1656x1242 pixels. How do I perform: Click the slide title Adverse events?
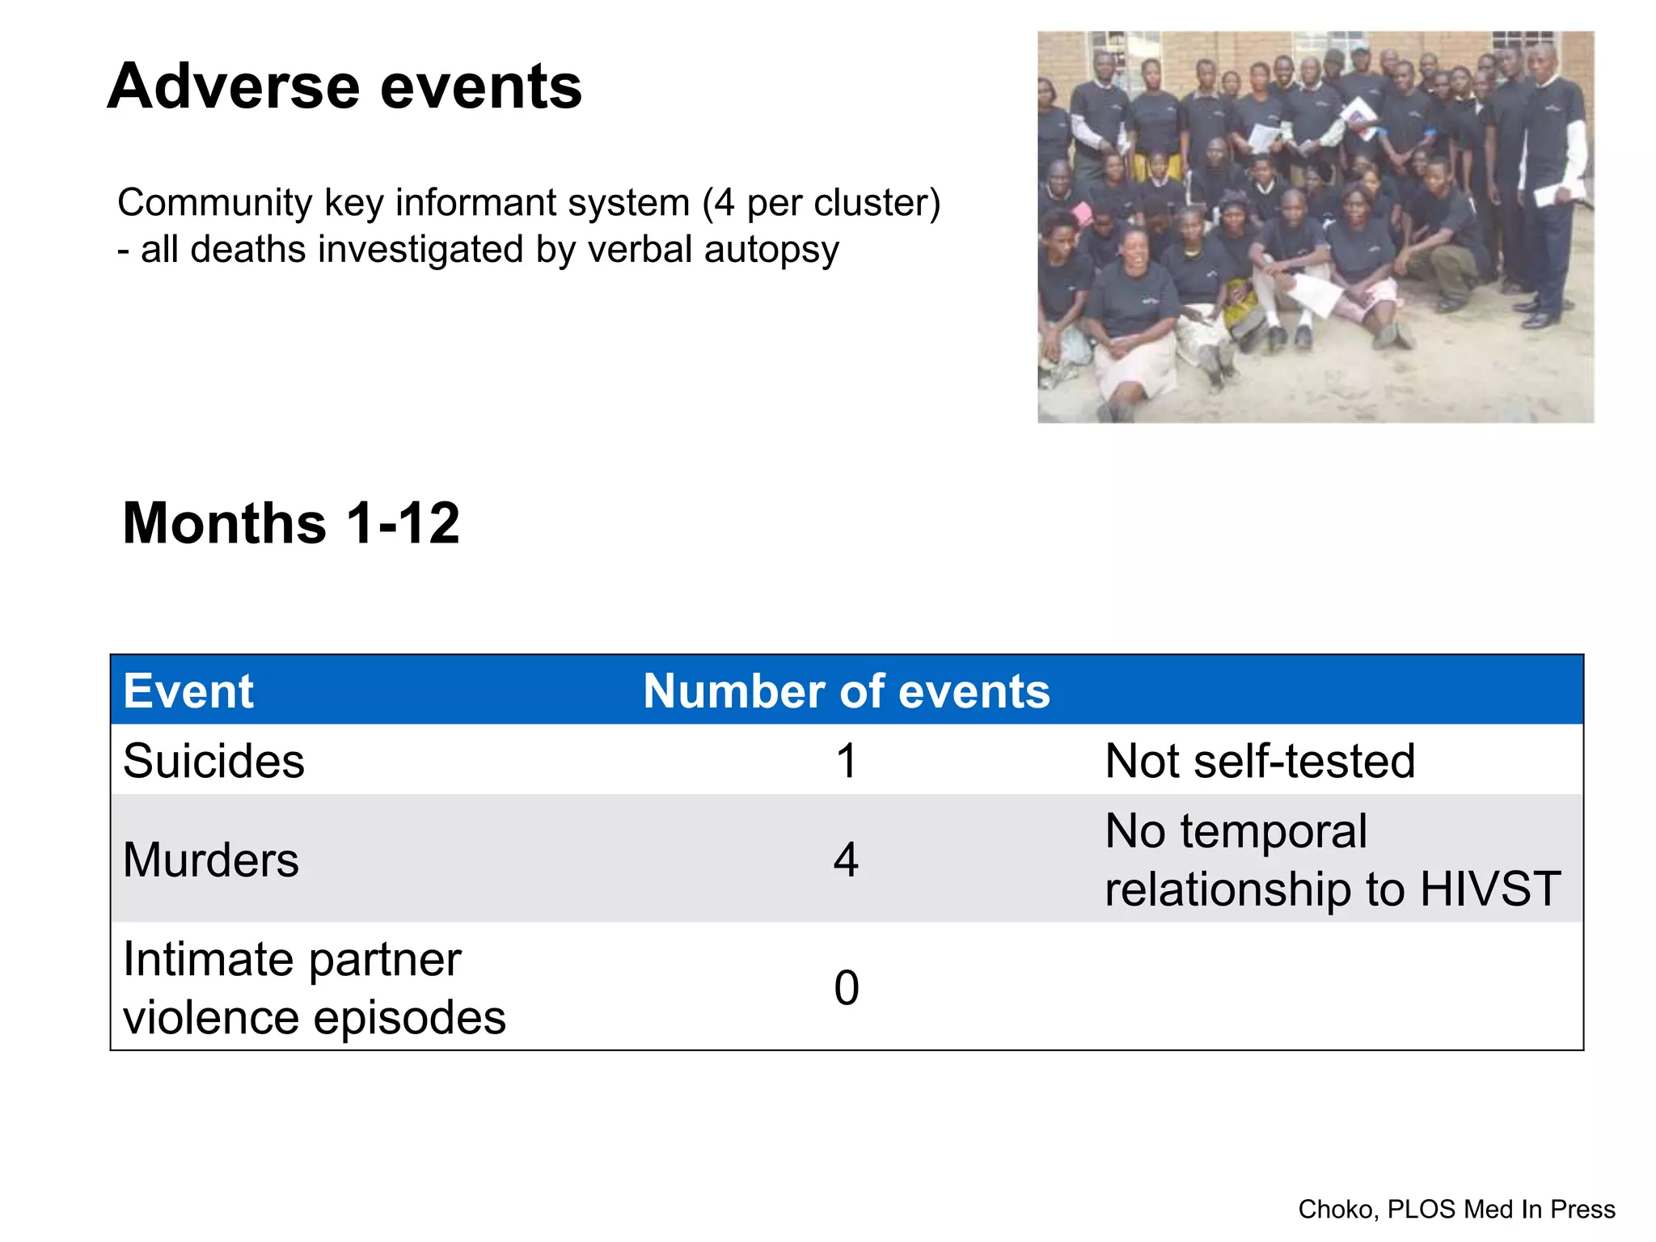tap(344, 87)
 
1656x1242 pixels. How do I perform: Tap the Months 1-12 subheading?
tap(291, 523)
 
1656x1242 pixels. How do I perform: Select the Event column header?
tap(188, 691)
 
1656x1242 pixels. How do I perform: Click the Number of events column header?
tap(846, 691)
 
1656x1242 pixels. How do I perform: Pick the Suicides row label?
tap(213, 761)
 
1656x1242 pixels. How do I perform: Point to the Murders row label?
tap(210, 860)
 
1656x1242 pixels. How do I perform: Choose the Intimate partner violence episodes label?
tap(314, 988)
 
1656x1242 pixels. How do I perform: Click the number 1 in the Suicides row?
tap(846, 761)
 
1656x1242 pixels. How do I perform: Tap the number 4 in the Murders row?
tap(846, 860)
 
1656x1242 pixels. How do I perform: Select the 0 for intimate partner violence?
tap(846, 988)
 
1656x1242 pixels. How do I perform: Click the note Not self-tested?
tap(1259, 761)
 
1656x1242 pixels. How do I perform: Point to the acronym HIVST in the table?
tap(1489, 889)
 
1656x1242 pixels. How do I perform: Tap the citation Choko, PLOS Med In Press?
tap(1456, 1209)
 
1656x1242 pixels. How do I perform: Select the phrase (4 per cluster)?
tap(821, 203)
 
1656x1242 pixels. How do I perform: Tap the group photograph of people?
tap(1316, 227)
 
